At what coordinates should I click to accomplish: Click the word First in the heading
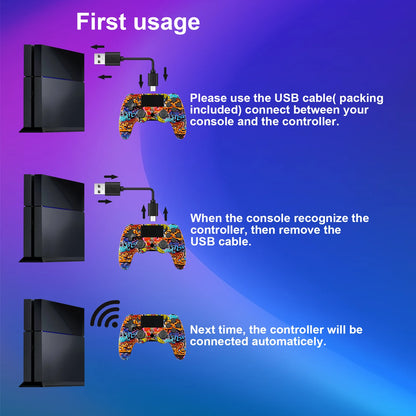101,22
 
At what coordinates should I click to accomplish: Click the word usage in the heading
167,24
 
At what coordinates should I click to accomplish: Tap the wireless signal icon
105,315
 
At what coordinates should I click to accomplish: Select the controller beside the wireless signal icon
153,336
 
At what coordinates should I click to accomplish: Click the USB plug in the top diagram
107,59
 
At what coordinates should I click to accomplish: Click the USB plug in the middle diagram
107,189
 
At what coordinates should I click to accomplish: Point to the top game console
52,88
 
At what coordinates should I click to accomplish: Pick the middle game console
52,218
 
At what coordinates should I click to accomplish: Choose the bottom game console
52,343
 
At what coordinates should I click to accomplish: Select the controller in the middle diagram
153,246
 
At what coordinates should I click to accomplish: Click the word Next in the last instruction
202,330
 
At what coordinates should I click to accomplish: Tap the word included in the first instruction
215,110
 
